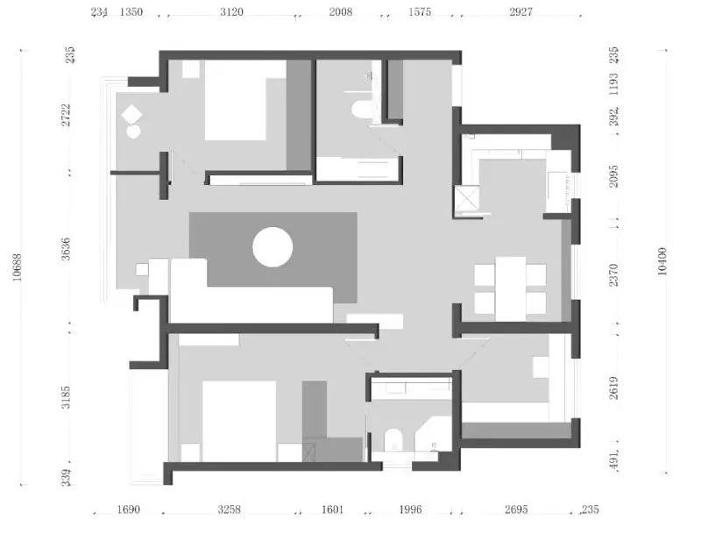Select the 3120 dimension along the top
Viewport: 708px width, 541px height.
[232, 12]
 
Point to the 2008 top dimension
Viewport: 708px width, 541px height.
[340, 12]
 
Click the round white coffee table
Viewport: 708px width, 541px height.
[273, 246]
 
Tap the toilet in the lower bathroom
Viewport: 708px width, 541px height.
[393, 441]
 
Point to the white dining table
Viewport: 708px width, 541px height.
[510, 288]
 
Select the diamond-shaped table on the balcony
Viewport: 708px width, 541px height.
[132, 114]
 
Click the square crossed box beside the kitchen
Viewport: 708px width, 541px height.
[466, 202]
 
